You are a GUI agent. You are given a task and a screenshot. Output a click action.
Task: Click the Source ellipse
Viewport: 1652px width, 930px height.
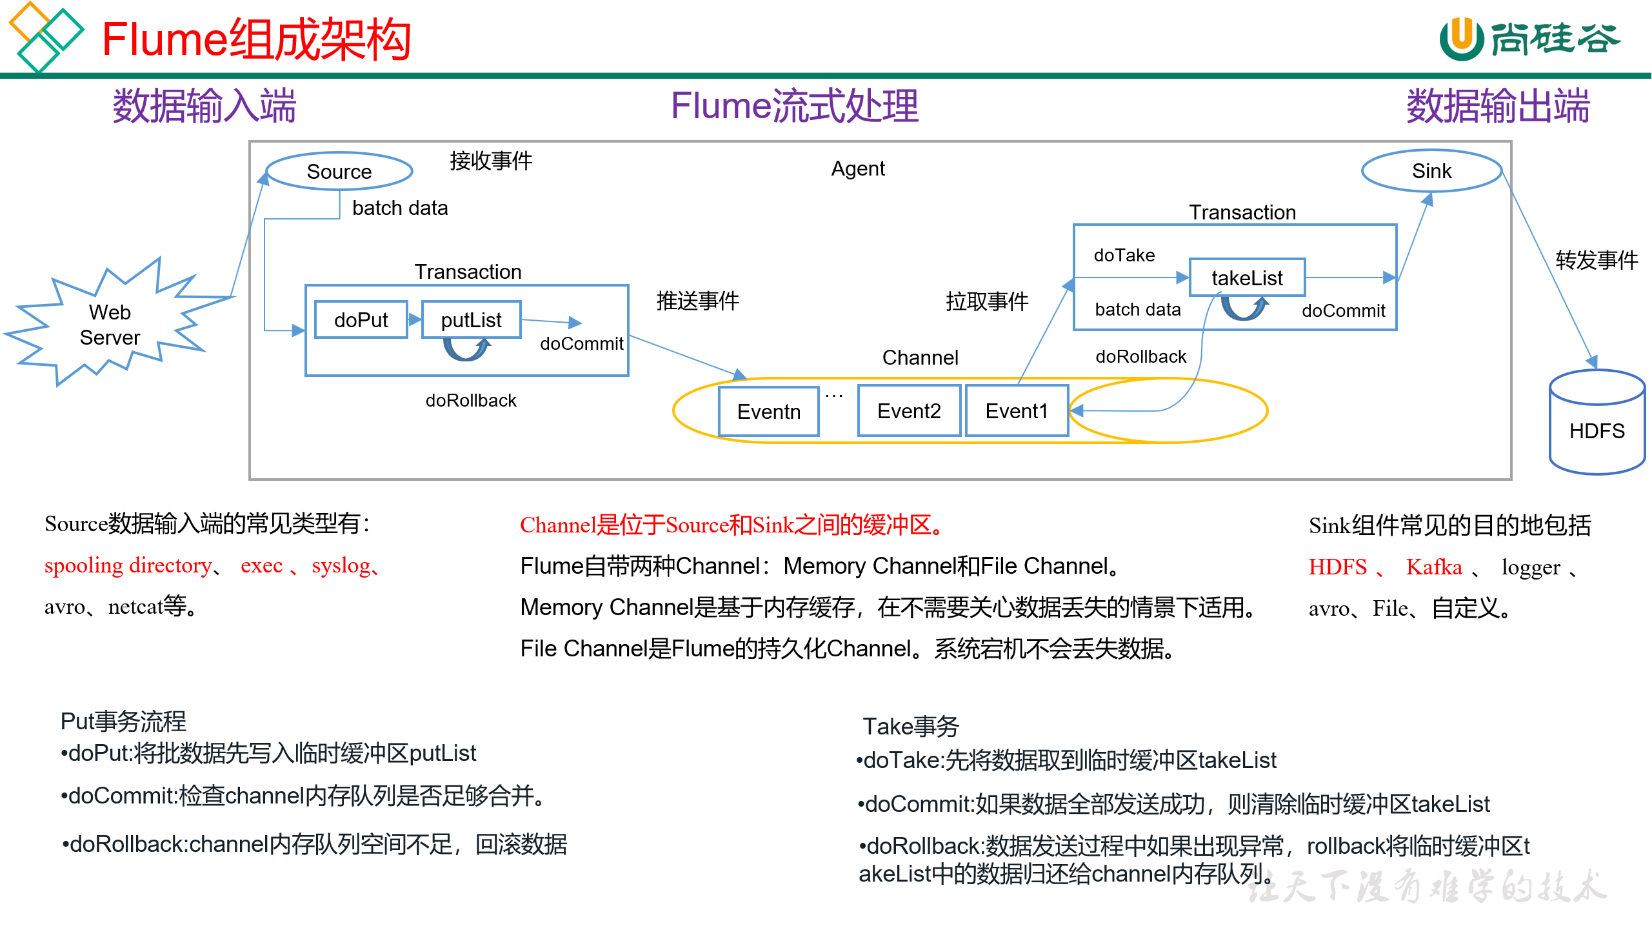tap(339, 172)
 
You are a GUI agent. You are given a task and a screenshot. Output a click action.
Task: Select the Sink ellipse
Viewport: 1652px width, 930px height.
tap(1431, 171)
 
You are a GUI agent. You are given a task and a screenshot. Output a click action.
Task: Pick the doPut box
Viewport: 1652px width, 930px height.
tap(361, 319)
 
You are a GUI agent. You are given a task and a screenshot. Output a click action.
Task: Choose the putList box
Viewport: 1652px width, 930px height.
tap(471, 319)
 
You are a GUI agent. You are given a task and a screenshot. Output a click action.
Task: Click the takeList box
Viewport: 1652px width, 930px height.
tap(1247, 278)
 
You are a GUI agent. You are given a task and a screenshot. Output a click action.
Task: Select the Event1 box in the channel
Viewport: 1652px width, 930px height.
tap(1017, 411)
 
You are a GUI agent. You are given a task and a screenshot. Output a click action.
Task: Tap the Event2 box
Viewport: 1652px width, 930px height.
tap(909, 411)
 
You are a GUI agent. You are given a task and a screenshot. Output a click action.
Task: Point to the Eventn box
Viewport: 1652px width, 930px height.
tap(768, 412)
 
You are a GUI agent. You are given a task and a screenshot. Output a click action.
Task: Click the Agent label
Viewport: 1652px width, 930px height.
tap(857, 168)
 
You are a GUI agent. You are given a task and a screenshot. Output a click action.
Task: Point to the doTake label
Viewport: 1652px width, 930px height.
tap(1124, 256)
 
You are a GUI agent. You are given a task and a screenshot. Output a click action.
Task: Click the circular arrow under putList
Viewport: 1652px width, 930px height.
tap(466, 349)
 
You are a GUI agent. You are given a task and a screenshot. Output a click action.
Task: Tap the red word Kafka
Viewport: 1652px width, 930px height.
tap(1433, 567)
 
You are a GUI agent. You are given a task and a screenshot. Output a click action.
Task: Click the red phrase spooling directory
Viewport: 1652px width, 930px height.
tap(128, 565)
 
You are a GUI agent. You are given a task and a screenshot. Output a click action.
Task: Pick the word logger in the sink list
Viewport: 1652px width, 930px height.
tap(1530, 568)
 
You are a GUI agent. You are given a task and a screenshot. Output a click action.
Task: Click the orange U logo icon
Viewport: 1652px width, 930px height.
tap(1461, 38)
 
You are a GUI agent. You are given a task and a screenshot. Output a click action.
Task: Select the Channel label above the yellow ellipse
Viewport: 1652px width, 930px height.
tap(920, 358)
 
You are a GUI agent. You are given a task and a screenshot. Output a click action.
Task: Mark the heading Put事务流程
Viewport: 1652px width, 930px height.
tap(123, 722)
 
